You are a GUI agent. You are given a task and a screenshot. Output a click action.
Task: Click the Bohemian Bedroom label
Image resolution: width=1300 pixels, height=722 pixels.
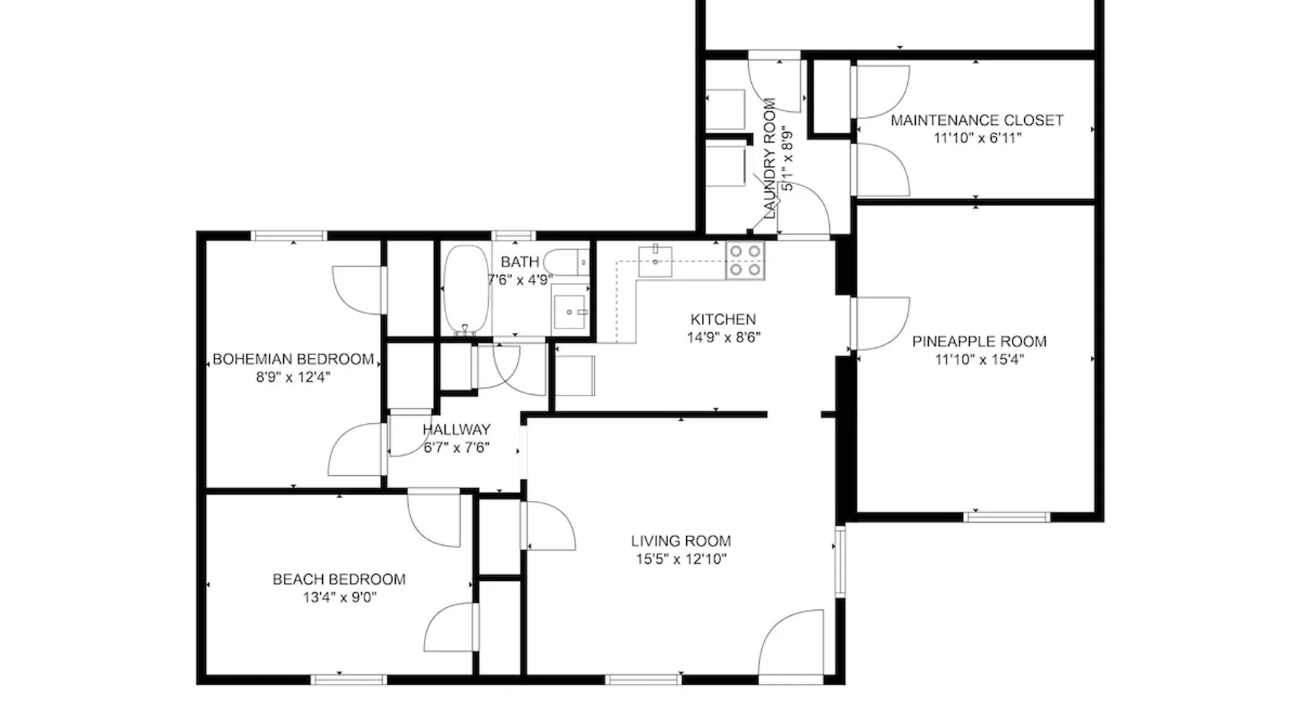293,359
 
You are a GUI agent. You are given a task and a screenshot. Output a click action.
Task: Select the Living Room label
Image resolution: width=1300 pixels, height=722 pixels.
681,541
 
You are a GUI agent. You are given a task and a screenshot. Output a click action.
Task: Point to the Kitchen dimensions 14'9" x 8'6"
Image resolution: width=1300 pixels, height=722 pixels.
724,337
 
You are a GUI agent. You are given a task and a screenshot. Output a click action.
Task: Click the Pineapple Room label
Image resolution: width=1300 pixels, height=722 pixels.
979,342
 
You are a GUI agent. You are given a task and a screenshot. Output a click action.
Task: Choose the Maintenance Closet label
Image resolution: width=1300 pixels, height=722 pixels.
977,121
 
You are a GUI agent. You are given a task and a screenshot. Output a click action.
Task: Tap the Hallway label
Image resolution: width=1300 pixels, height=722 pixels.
456,430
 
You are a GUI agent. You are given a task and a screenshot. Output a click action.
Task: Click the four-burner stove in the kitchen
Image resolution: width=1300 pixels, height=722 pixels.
745,261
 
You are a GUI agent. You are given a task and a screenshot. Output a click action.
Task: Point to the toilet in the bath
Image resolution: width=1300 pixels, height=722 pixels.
567,261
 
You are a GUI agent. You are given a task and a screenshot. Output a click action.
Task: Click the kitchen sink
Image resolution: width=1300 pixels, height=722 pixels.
655,261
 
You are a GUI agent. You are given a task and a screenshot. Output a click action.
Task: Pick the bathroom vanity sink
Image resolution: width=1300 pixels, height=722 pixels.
571,311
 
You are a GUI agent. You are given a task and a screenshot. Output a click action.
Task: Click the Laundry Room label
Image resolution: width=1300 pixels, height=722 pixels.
769,159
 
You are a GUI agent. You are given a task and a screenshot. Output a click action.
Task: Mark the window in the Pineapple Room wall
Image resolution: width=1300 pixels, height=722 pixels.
1007,516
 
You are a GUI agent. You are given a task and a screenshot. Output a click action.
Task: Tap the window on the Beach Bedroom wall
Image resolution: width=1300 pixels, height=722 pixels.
348,679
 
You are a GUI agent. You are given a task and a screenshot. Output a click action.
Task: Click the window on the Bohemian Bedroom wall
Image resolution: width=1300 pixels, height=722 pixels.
288,235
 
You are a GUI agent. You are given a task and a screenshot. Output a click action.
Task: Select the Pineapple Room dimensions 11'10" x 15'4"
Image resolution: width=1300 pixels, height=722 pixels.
979,360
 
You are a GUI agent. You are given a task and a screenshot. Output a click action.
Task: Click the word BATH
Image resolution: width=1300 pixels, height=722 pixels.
520,262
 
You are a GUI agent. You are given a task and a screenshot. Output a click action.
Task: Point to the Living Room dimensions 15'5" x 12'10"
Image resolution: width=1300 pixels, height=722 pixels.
681,559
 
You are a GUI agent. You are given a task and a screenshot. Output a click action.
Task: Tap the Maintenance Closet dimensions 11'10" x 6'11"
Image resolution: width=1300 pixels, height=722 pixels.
977,139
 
